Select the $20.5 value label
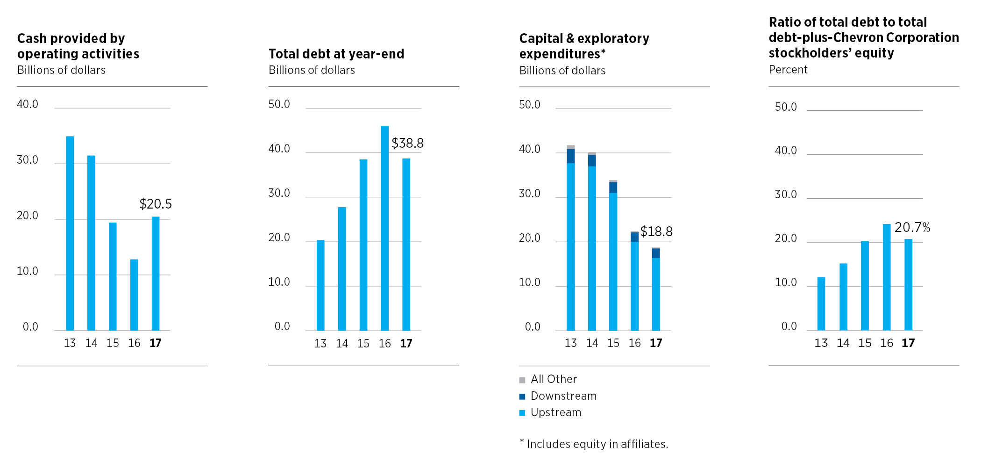click(156, 204)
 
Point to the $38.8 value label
click(407, 143)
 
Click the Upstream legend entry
click(555, 412)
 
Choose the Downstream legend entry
click(563, 396)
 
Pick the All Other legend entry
click(553, 379)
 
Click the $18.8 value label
click(656, 231)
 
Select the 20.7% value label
click(912, 228)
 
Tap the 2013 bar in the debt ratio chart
click(821, 303)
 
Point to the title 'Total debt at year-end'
click(336, 54)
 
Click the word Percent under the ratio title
click(788, 70)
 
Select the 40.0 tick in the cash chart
click(28, 104)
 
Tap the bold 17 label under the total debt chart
click(406, 344)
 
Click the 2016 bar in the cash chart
click(134, 295)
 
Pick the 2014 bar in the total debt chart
click(342, 268)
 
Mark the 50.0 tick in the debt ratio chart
click(786, 107)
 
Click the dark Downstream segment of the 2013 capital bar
click(570, 156)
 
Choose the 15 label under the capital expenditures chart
click(613, 343)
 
